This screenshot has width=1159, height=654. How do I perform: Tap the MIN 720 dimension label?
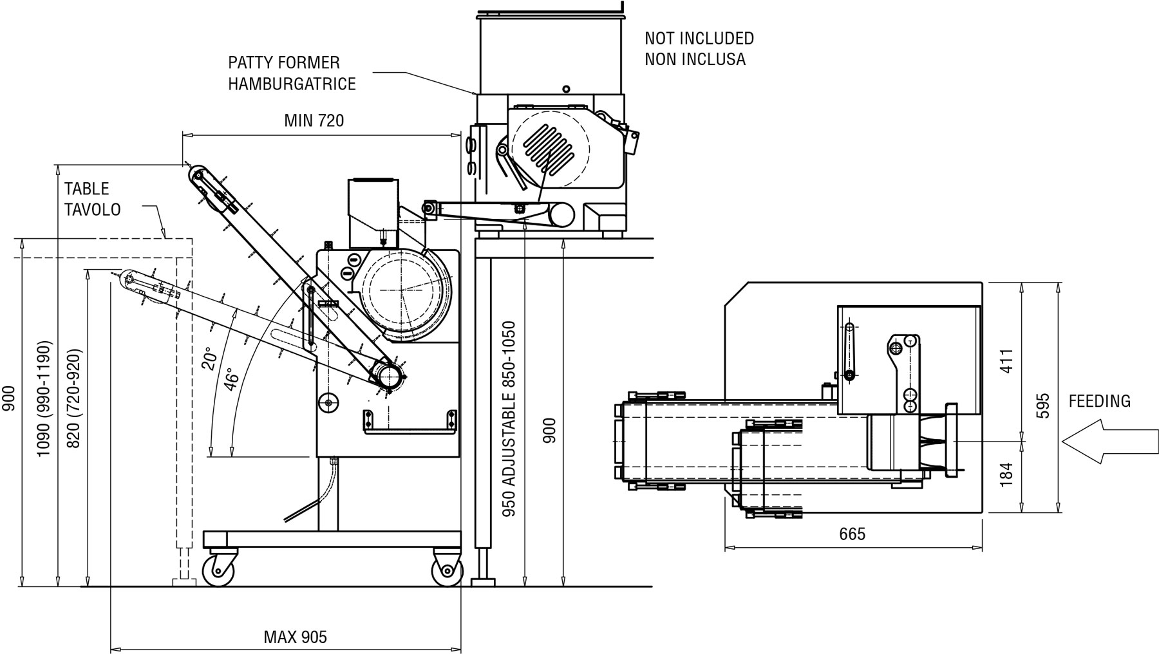(314, 120)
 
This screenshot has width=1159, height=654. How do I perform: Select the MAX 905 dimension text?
(296, 637)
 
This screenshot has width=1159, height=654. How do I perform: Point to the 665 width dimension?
(853, 534)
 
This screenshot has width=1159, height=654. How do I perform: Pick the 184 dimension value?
(1008, 474)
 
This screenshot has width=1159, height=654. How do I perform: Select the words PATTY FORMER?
(284, 63)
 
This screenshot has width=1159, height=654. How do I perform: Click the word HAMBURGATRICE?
(292, 84)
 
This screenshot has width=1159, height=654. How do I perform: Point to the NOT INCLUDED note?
(699, 39)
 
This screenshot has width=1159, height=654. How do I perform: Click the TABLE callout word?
(87, 189)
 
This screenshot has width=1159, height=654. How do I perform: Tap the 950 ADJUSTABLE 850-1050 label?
(509, 420)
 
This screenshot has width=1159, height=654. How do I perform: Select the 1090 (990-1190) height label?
(43, 398)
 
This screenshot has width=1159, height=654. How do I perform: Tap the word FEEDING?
(1100, 401)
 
